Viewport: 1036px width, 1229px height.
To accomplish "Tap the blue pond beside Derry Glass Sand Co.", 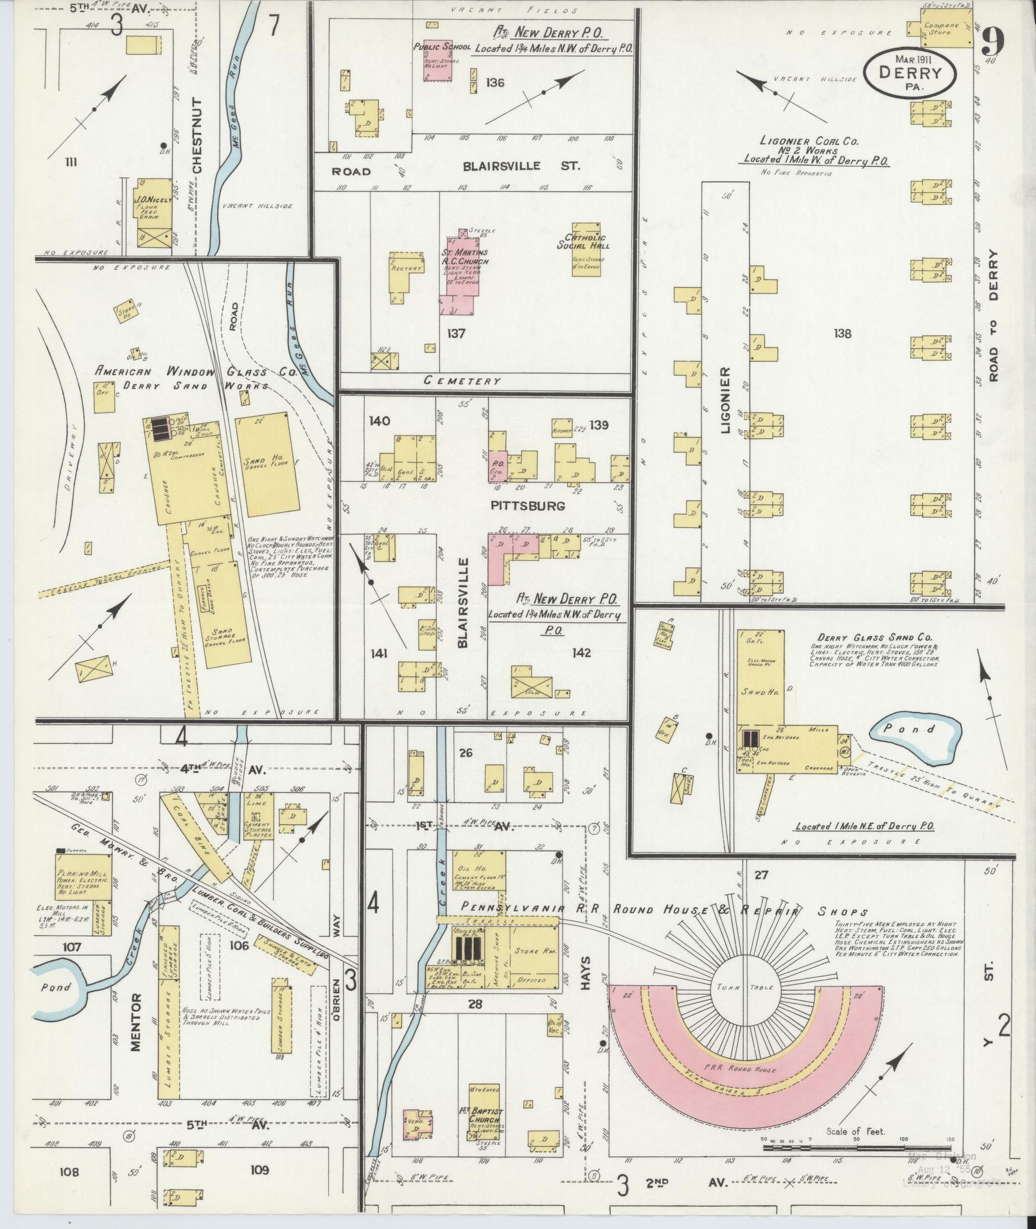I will point(917,733).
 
